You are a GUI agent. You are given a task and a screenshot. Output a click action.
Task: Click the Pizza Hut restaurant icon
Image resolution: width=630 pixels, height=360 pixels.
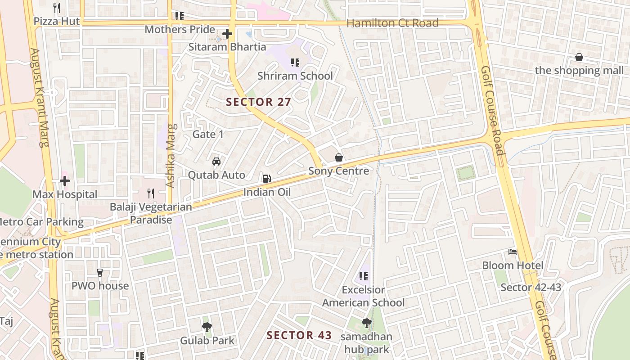pos(57,8)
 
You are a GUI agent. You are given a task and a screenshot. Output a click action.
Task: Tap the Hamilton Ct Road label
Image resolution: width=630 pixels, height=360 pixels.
pos(392,23)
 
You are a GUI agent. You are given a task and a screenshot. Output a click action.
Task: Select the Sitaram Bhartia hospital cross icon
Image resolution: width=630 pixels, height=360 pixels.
pos(227,34)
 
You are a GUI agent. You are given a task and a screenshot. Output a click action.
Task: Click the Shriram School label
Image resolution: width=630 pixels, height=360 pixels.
pos(295,76)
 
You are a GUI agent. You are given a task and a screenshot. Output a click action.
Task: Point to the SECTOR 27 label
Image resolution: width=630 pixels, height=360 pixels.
pos(259,102)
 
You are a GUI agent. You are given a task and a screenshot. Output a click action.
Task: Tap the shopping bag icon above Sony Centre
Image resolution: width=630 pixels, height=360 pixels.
pos(339,157)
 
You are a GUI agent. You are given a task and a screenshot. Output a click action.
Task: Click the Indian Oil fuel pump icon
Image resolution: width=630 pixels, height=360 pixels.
pos(267,179)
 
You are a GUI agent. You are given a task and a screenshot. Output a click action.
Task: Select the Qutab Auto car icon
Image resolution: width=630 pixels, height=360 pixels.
pos(216,162)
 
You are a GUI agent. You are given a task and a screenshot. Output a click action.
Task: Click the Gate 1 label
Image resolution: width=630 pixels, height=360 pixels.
pos(208,134)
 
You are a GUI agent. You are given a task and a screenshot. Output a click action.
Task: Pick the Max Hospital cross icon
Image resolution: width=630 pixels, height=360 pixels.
pos(65,181)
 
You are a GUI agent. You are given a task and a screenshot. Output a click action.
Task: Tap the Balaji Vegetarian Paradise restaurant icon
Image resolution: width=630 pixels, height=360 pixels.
pos(151,193)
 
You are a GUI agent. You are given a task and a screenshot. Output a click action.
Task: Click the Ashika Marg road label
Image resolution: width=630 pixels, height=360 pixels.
pos(170,156)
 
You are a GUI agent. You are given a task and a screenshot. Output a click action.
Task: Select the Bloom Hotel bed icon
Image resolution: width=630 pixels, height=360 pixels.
pos(513,252)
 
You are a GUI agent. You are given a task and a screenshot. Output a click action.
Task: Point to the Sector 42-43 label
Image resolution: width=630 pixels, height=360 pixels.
pos(531,288)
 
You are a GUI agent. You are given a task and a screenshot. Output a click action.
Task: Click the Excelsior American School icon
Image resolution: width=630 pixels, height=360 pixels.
pos(364,276)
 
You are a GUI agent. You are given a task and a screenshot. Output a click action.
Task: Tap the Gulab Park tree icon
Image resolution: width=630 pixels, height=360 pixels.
pos(207,327)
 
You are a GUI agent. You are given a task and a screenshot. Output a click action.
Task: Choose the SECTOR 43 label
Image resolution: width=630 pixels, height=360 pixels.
pos(299,335)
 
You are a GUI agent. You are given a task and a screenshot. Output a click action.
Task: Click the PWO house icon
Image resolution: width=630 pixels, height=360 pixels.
pos(100,273)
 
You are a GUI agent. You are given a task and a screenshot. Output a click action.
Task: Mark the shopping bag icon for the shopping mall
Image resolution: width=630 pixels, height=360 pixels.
pos(579,58)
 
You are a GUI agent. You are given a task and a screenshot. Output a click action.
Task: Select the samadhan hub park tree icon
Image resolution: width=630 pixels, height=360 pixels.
pos(367,323)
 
